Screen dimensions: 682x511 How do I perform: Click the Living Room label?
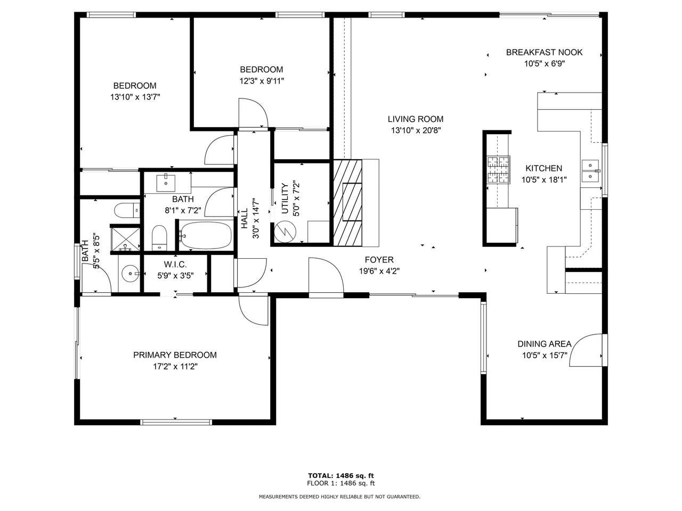pyautogui.click(x=415, y=119)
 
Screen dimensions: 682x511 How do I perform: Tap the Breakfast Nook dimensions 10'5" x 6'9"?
pyautogui.click(x=545, y=64)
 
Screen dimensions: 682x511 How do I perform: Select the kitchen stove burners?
pyautogui.click(x=498, y=169)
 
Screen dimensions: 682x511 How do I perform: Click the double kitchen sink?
pyautogui.click(x=590, y=171)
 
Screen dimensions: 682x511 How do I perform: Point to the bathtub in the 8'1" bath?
pyautogui.click(x=206, y=235)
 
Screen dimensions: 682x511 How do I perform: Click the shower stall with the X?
pyautogui.click(x=126, y=239)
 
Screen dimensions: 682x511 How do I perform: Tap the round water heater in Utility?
pyautogui.click(x=285, y=232)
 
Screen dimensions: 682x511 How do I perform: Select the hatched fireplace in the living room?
pyautogui.click(x=347, y=203)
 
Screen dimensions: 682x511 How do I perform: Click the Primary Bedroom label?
pyautogui.click(x=175, y=355)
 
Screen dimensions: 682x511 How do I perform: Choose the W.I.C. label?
pyautogui.click(x=175, y=265)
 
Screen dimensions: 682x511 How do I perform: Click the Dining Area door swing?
pyautogui.click(x=586, y=350)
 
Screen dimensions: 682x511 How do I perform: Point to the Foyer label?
pyautogui.click(x=379, y=260)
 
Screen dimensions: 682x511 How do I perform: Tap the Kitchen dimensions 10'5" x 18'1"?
pyautogui.click(x=544, y=179)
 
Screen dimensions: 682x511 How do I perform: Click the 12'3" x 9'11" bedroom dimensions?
pyautogui.click(x=262, y=81)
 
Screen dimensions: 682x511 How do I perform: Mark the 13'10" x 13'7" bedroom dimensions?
pyautogui.click(x=135, y=97)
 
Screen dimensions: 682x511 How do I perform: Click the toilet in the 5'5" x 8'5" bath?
pyautogui.click(x=127, y=210)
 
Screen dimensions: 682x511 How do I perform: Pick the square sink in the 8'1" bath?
pyautogui.click(x=166, y=183)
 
